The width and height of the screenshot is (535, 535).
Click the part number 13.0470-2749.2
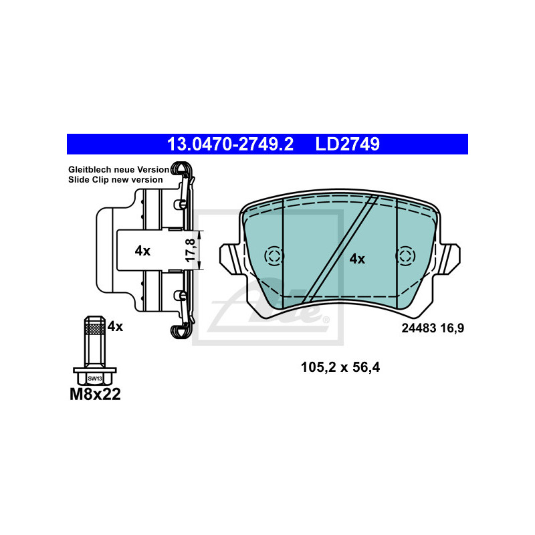[x=230, y=144]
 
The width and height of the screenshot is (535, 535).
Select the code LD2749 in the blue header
[x=347, y=144]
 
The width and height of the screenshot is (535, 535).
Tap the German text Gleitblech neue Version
[x=118, y=170]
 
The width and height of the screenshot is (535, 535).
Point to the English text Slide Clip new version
[x=115, y=180]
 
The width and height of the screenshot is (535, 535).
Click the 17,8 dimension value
[x=191, y=250]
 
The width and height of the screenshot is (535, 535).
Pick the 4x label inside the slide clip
[x=142, y=251]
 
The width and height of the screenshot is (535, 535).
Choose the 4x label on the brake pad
[x=357, y=259]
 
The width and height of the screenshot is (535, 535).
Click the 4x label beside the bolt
[x=115, y=326]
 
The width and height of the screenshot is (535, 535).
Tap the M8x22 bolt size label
[x=95, y=394]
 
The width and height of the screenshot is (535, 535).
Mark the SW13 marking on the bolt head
[x=95, y=379]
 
